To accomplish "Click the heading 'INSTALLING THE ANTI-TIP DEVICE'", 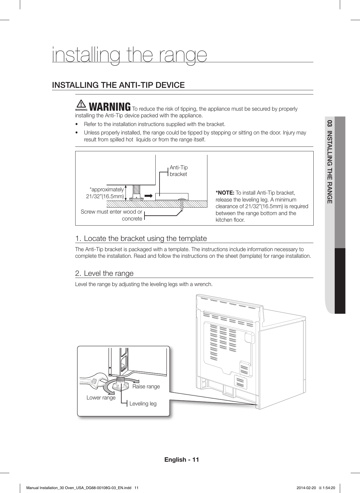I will tap(118, 85).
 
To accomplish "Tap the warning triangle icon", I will tap(81, 104).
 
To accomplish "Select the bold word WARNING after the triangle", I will tap(110, 107).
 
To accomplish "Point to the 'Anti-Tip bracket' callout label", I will tap(178, 171).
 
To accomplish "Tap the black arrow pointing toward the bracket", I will tap(148, 196).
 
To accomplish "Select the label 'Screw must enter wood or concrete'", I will tap(112, 215).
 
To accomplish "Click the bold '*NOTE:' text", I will tap(225, 193).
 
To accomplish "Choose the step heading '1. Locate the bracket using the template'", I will tap(141, 239).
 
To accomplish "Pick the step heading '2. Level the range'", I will tap(104, 273).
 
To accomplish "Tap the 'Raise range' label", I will tap(146, 387).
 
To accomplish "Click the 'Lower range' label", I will tap(101, 398).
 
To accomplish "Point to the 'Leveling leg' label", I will tap(143, 404).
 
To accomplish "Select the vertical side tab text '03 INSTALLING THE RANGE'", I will tap(330, 163).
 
